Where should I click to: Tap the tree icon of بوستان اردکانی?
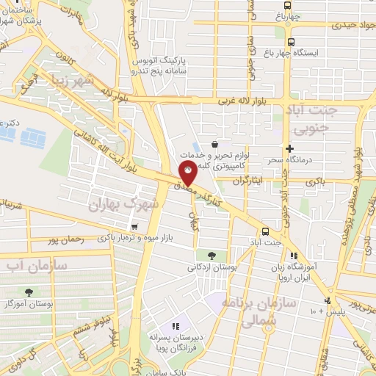pos(211,256)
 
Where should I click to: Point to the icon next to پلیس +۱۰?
pos(327,301)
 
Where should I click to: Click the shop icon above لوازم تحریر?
pos(214,145)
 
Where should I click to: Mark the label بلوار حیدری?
pos(341,25)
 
